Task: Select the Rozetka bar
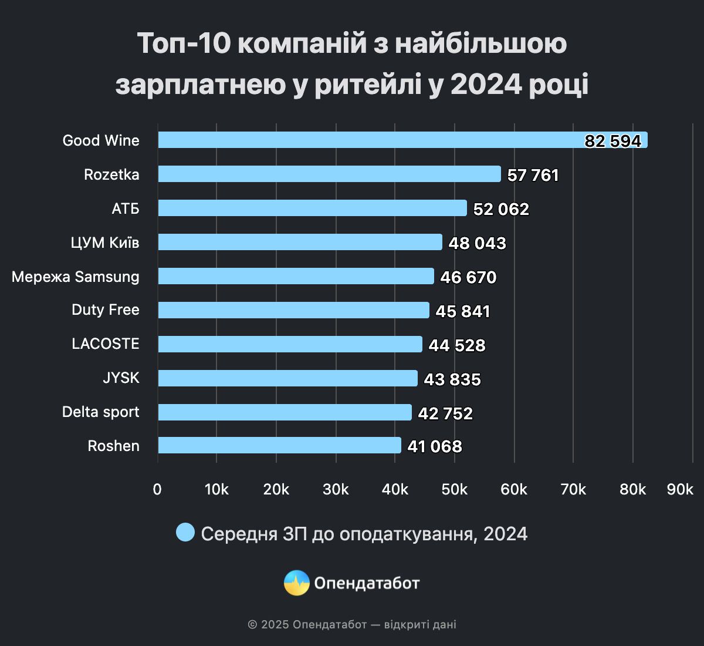pos(329,174)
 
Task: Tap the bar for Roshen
pos(279,445)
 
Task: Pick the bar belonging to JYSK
pos(287,378)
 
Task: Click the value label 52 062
pos(501,209)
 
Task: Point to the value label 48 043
pos(477,243)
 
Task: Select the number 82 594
pos(612,141)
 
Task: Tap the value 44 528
pos(457,345)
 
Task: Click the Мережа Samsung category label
pos(76,277)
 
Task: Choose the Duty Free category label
pos(106,309)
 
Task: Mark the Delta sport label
pos(101,412)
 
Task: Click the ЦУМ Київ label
pos(105,243)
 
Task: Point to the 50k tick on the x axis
pos(455,489)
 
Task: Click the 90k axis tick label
pos(680,489)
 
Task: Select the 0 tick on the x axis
pos(157,489)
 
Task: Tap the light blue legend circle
pos(185,533)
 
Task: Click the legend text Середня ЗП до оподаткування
pos(364,534)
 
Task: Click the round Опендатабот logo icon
pos(296,583)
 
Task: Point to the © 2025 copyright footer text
pos(351,624)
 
